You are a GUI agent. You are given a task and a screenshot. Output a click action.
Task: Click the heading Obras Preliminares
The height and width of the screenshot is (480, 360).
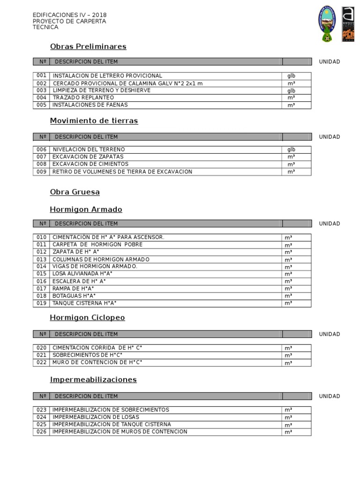(88, 46)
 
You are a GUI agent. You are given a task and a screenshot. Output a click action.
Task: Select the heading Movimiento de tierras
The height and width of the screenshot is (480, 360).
(94, 121)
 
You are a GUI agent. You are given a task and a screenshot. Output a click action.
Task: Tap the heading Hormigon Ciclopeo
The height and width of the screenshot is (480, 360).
(87, 318)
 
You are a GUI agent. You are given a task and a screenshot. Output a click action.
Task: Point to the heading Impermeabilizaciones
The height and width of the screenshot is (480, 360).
(93, 380)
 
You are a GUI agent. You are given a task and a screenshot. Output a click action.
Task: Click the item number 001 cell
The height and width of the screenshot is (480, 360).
(41, 75)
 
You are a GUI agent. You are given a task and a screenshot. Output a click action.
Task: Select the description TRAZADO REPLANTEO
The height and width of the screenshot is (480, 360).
(83, 97)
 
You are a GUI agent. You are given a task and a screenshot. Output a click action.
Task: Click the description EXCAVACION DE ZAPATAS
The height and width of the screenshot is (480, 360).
(88, 157)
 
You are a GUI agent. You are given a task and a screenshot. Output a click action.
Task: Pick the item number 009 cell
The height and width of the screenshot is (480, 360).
(41, 172)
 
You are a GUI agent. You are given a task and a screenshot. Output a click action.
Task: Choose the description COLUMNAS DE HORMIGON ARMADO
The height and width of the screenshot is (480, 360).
(101, 259)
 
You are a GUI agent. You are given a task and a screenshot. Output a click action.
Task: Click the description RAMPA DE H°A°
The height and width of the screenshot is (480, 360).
(73, 288)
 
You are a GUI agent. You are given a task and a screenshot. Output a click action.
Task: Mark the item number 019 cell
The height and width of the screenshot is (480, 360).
(41, 303)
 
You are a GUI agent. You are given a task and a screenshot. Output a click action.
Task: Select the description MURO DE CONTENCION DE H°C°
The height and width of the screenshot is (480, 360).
(97, 362)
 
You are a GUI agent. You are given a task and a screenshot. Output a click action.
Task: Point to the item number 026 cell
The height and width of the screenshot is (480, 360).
(41, 432)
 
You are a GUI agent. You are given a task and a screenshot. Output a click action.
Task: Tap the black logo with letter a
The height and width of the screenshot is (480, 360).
(348, 24)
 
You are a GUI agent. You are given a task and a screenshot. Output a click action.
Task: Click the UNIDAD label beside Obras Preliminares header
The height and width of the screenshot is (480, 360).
(330, 62)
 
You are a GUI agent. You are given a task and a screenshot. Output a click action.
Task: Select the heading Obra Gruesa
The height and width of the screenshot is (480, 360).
(75, 192)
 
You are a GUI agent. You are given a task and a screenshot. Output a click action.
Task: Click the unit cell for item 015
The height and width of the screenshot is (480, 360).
(296, 274)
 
